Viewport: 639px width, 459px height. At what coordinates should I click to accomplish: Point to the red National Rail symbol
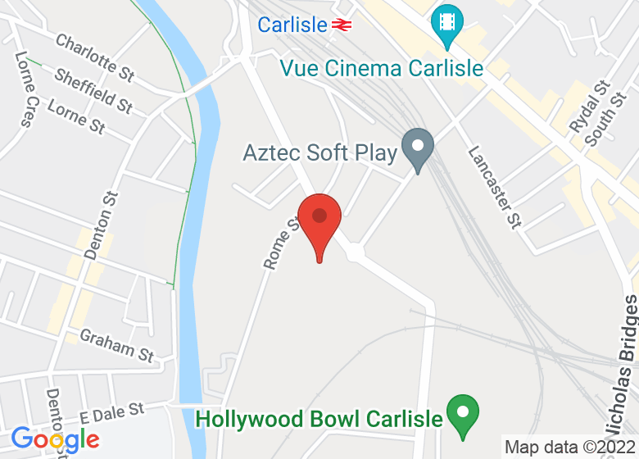click(342, 25)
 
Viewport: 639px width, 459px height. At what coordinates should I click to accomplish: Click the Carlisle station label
click(292, 25)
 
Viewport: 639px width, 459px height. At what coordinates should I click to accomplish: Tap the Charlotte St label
click(94, 57)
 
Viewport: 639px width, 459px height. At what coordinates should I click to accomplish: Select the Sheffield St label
click(93, 91)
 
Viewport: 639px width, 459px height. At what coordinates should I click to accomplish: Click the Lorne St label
click(76, 116)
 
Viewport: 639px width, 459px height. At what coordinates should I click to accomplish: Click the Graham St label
click(116, 345)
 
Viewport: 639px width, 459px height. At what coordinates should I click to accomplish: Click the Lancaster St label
click(495, 187)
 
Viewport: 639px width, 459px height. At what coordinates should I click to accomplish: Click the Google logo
click(55, 440)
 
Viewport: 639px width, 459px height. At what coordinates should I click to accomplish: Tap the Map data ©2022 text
click(569, 448)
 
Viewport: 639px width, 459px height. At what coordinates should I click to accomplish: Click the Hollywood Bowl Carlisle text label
click(319, 419)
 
